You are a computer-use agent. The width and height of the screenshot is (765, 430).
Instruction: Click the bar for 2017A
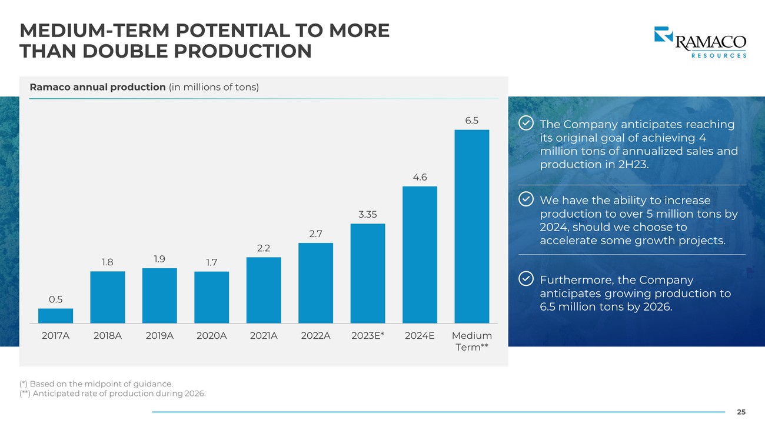(55, 316)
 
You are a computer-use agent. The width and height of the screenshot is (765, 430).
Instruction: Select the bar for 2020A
(212, 297)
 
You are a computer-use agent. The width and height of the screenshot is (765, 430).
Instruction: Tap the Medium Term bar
(472, 226)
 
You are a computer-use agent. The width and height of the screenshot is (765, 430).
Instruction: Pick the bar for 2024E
(420, 255)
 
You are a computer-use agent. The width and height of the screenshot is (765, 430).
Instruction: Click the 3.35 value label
(368, 214)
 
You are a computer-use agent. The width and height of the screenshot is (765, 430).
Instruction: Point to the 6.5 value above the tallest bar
(472, 121)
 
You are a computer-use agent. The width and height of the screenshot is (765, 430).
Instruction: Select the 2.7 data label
(315, 234)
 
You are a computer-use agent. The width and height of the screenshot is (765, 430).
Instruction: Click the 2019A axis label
(159, 336)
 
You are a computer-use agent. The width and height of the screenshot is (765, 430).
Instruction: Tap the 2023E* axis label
(368, 336)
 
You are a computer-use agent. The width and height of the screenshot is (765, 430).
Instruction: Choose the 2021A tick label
(264, 336)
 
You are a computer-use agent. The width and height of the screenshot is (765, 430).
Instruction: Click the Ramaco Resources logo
(700, 42)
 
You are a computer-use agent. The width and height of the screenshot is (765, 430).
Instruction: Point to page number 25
(741, 412)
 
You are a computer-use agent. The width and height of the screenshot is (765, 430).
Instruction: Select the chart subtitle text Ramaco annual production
(98, 87)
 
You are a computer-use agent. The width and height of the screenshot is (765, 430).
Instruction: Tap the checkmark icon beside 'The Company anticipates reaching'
(525, 124)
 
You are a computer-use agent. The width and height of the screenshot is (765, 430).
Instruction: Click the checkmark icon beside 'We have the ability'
(525, 199)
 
